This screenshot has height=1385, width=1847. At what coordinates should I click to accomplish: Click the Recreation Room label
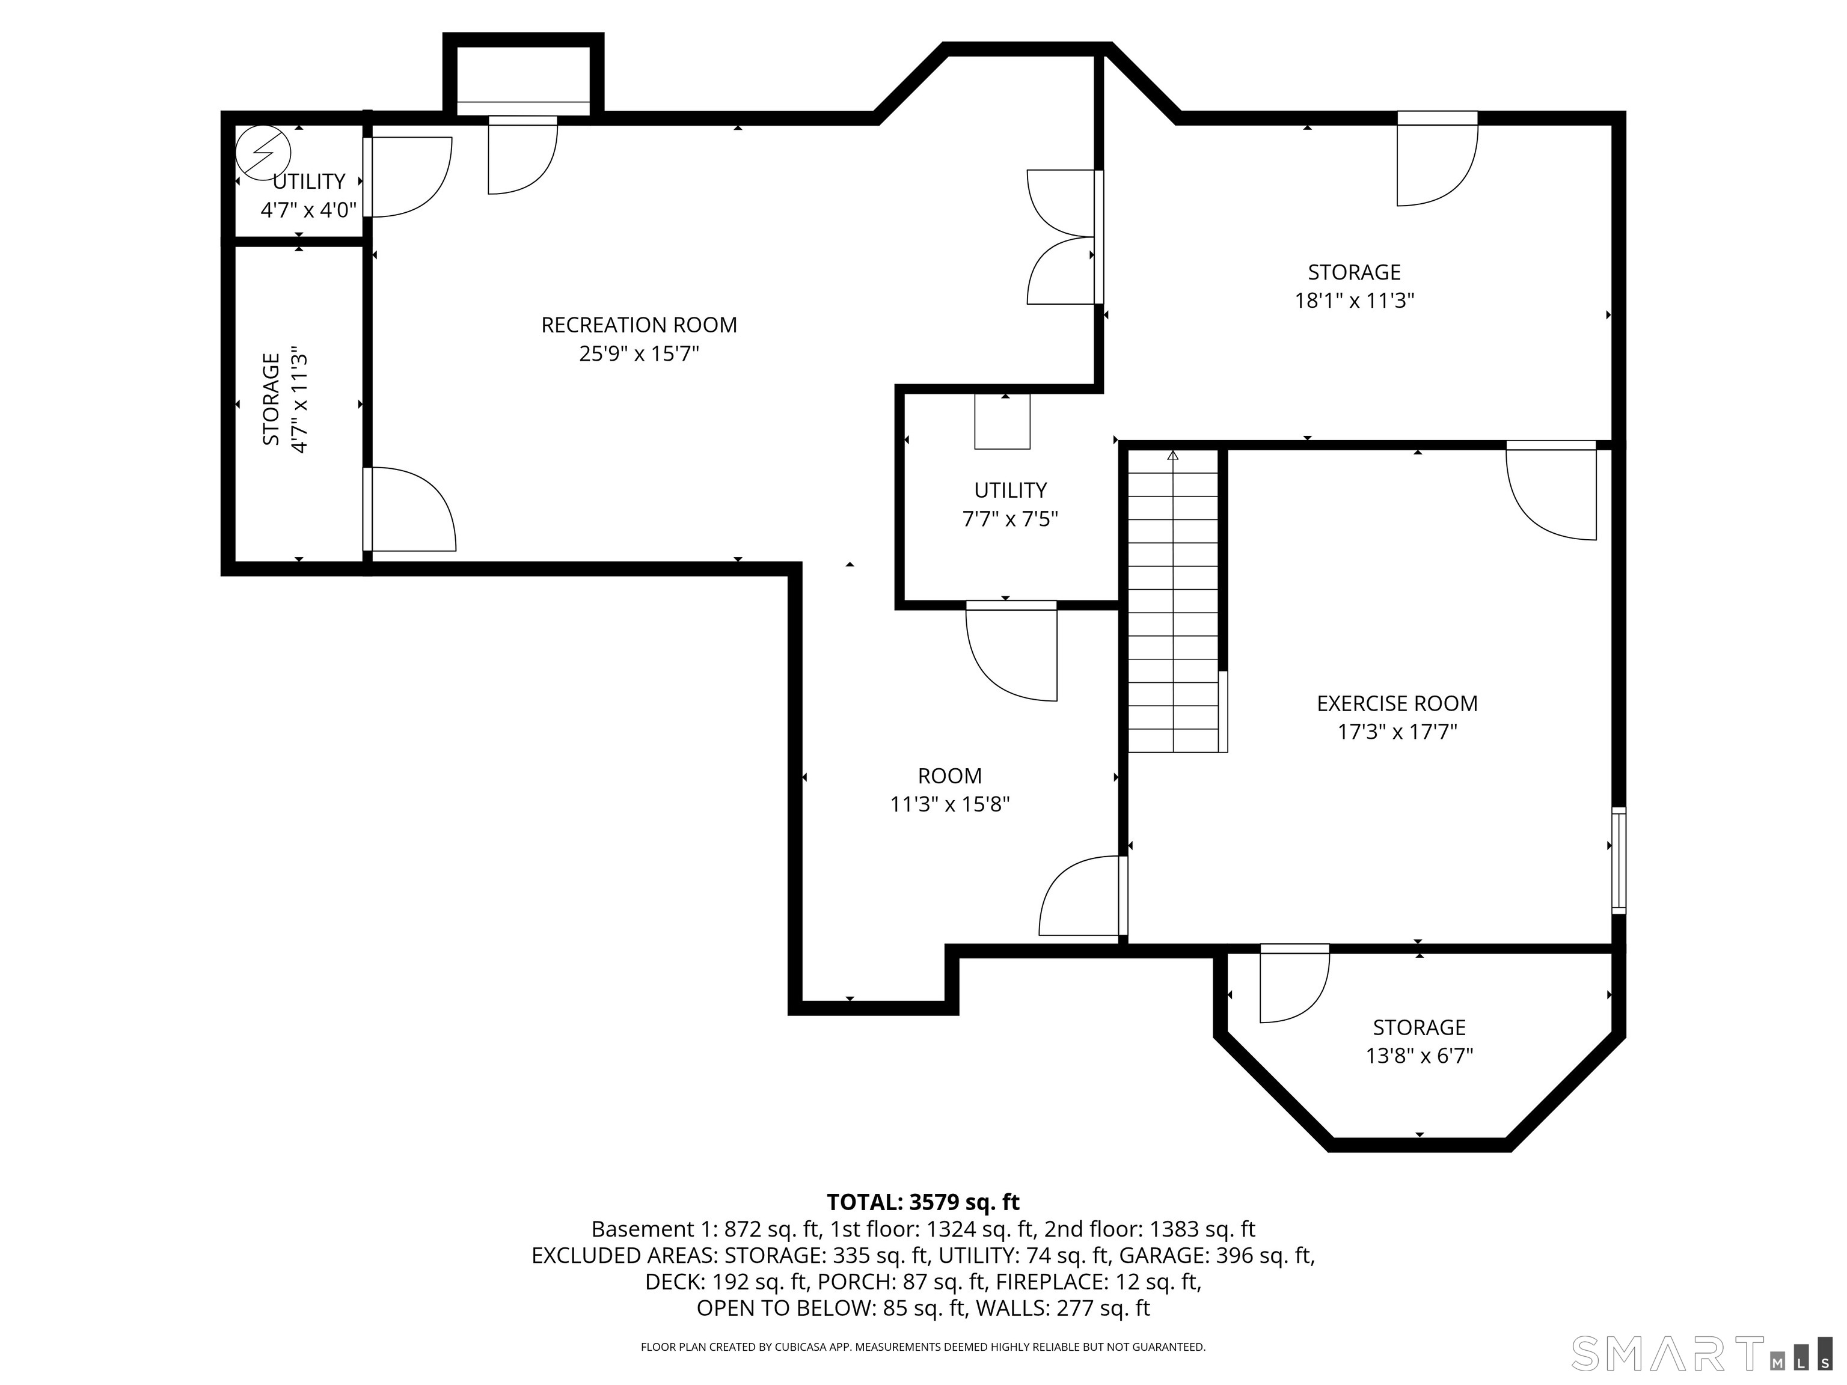click(639, 325)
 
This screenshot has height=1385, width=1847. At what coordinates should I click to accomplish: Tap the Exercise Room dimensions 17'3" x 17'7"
click(1397, 732)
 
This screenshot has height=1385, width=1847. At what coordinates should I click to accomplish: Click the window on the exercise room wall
click(1618, 859)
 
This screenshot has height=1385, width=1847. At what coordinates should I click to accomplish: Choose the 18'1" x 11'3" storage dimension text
click(1353, 301)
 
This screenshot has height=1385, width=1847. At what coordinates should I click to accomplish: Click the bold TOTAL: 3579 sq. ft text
click(923, 1202)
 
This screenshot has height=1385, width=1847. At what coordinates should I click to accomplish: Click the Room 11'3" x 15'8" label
click(949, 790)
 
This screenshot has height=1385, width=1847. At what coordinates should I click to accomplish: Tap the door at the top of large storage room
click(1437, 161)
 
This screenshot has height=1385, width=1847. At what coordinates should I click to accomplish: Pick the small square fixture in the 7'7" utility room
click(1002, 421)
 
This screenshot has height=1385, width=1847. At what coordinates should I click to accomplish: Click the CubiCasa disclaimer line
click(923, 1347)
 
